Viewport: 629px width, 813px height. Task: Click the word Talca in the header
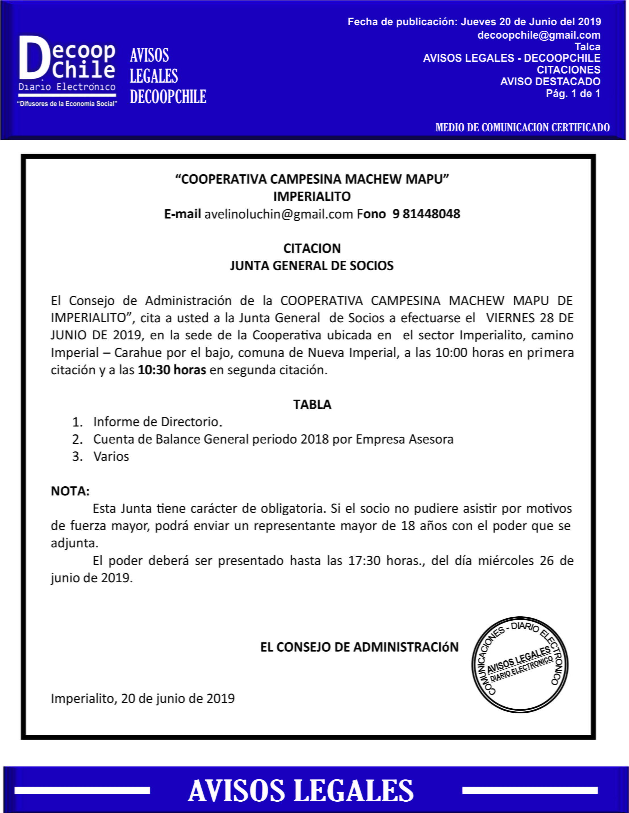pyautogui.click(x=587, y=47)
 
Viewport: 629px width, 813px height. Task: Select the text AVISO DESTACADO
pyautogui.click(x=550, y=81)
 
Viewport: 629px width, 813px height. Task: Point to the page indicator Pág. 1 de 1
pyautogui.click(x=573, y=93)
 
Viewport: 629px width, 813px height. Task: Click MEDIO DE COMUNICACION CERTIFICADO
pyautogui.click(x=523, y=128)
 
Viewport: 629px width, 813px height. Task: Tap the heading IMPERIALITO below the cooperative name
pyautogui.click(x=312, y=197)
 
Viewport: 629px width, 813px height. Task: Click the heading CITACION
pyautogui.click(x=312, y=248)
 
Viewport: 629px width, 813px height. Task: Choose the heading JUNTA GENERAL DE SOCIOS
pyautogui.click(x=312, y=266)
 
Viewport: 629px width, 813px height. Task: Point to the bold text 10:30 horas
pyautogui.click(x=172, y=370)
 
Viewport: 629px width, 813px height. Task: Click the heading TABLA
pyautogui.click(x=312, y=405)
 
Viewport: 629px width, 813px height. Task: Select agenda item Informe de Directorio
pyautogui.click(x=158, y=422)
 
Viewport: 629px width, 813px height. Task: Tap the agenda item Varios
pyautogui.click(x=111, y=457)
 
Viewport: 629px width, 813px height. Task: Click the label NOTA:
pyautogui.click(x=70, y=491)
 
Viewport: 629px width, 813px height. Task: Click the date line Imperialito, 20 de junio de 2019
pyautogui.click(x=143, y=698)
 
